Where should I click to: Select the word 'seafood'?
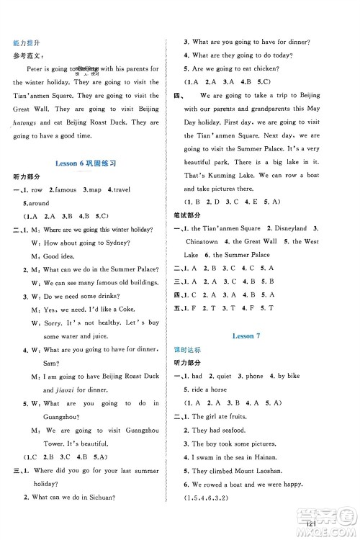[x=246, y=430]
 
